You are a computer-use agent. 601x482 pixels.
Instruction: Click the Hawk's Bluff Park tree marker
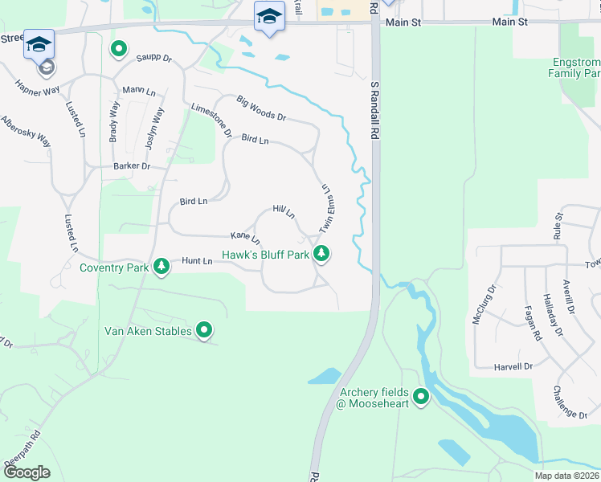322,255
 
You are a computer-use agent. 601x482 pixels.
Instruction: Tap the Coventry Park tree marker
161,266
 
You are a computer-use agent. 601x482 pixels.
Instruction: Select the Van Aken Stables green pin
204,330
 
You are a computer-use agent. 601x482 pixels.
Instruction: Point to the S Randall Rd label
374,111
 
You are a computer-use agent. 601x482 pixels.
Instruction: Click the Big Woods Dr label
261,108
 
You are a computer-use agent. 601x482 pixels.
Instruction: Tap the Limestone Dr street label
212,120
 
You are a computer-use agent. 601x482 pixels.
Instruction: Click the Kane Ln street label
245,238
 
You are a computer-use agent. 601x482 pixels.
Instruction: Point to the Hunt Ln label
197,261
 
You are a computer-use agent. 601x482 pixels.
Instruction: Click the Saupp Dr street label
154,58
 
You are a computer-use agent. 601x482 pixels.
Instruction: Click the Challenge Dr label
570,402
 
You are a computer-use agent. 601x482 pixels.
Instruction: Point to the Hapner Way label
36,88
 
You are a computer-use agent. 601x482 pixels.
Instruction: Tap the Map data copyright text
566,476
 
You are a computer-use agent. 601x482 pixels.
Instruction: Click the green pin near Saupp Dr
119,50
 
